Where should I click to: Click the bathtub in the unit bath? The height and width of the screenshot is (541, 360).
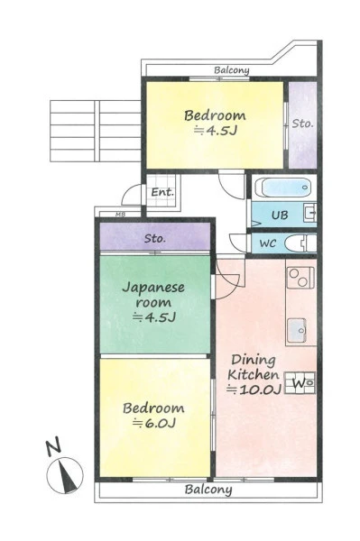(283, 188)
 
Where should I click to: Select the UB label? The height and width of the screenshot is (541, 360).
(280, 215)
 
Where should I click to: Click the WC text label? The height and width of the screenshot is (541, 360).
(268, 243)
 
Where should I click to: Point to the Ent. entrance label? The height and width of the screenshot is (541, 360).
(162, 192)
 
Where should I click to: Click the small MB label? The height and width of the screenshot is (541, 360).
(120, 215)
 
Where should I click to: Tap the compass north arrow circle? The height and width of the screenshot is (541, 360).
(65, 475)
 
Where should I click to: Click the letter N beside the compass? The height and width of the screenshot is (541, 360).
(53, 446)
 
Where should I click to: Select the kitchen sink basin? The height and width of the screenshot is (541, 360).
(297, 330)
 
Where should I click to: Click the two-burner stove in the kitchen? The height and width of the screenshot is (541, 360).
(300, 278)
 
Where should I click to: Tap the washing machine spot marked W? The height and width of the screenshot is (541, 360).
(300, 383)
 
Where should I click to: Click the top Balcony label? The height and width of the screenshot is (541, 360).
(232, 70)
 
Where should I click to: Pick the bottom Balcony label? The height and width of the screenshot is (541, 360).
(208, 490)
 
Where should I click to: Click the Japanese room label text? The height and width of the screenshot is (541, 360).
(153, 295)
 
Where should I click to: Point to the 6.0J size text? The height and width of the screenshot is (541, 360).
(154, 423)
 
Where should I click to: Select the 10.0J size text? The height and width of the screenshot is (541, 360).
(254, 390)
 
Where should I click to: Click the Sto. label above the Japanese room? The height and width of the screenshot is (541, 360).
(155, 238)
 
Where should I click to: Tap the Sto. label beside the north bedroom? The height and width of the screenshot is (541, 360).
(302, 124)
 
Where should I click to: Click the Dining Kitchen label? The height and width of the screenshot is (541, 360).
(254, 367)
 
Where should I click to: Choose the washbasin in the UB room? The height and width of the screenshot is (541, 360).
(309, 213)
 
